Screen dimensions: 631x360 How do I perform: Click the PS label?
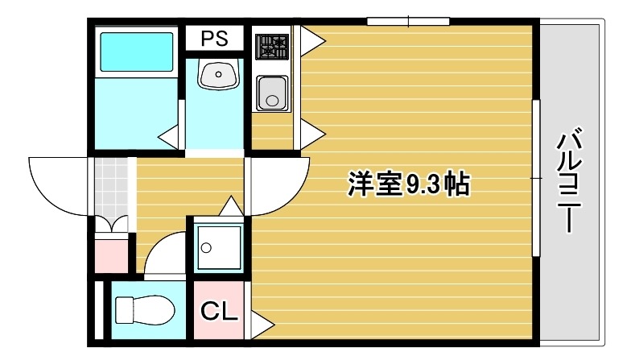pyautogui.click(x=214, y=39)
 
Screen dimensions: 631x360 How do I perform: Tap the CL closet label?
pyautogui.click(x=219, y=311)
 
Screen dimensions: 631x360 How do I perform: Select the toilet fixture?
pyautogui.click(x=145, y=310)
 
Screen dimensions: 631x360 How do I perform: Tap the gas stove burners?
pyautogui.click(x=272, y=46)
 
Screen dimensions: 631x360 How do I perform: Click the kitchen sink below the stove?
pyautogui.click(x=272, y=93)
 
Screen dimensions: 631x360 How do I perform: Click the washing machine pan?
pyautogui.click(x=219, y=247)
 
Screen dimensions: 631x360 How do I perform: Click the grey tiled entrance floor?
pyautogui.click(x=111, y=187)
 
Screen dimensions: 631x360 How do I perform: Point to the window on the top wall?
pyautogui.click(x=408, y=21)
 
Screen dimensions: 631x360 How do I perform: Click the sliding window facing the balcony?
pyautogui.click(x=536, y=177)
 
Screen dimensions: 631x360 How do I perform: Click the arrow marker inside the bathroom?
pyautogui.click(x=168, y=138)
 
